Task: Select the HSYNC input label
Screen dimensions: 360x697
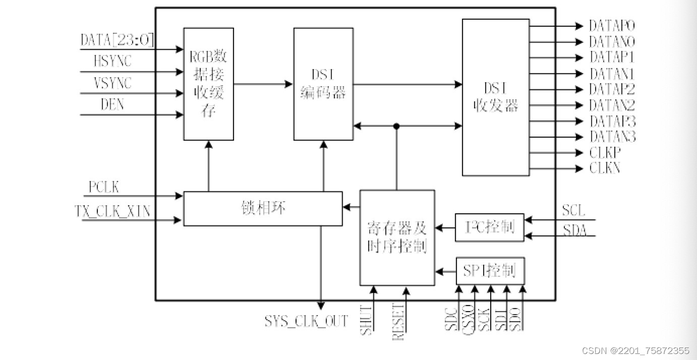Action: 112,62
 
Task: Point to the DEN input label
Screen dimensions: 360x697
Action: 112,105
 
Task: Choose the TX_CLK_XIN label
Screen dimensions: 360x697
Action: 112,211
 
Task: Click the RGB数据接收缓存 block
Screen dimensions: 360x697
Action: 208,84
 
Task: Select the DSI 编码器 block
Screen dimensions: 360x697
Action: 323,84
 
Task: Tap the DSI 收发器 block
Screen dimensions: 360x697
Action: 496,97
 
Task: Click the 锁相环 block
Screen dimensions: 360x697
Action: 263,208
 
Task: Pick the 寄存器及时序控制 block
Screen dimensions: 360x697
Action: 397,237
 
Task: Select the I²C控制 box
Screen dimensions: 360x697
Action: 489,227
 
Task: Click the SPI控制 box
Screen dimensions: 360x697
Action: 489,271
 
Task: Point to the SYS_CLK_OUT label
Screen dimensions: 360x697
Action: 306,321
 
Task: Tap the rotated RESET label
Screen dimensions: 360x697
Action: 398,322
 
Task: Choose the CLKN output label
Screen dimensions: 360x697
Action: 605,168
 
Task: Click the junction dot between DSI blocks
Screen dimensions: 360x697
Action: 396,126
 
